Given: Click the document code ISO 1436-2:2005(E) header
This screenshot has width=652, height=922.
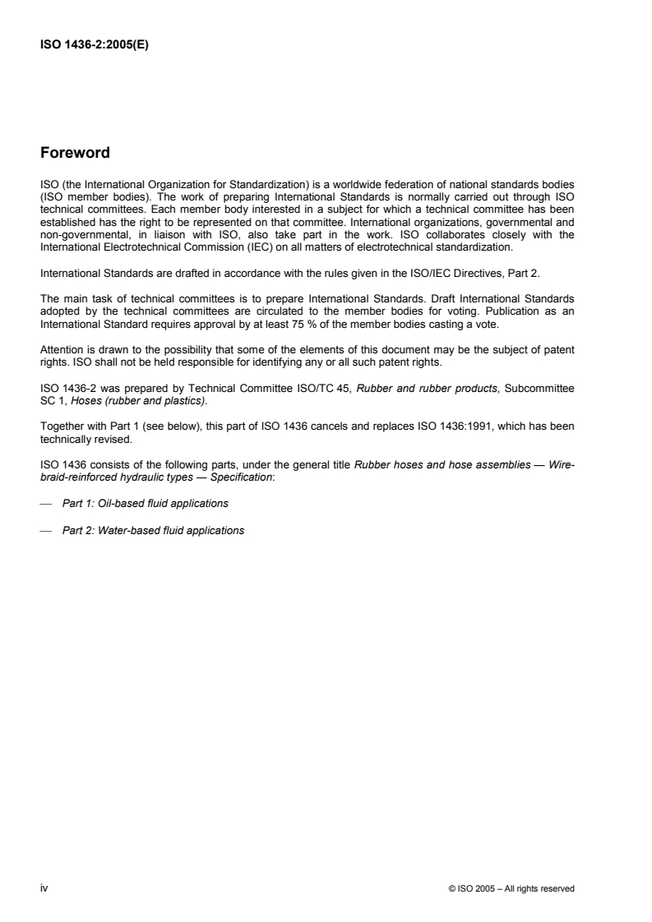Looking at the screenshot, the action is (88, 47).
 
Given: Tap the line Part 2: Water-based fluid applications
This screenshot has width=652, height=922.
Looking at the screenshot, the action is (153, 530).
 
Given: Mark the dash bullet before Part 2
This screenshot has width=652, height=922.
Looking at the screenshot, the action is (46, 530).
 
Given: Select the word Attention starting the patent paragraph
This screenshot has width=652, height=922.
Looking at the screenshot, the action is (60, 349).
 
